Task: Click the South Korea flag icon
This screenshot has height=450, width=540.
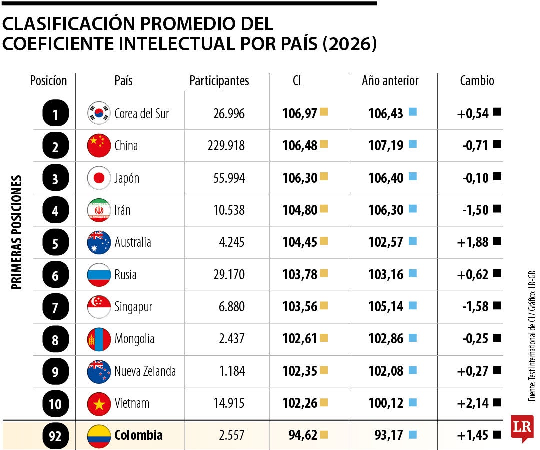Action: [98, 113]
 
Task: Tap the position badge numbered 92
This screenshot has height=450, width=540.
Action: [55, 436]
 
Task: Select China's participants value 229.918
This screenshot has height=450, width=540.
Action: [226, 146]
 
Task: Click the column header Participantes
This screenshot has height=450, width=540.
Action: [219, 81]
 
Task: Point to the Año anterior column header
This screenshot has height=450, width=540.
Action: [390, 81]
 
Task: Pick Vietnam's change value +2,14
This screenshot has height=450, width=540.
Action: [472, 403]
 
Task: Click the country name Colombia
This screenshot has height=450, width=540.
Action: [138, 435]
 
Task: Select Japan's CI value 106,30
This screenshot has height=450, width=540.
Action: [300, 178]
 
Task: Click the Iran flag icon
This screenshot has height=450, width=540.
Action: [98, 210]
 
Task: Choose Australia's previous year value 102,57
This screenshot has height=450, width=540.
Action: [386, 242]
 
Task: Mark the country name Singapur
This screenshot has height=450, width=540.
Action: [133, 307]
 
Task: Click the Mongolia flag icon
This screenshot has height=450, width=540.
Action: [98, 339]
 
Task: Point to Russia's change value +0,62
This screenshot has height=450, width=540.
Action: [472, 274]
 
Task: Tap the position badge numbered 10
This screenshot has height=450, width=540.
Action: [55, 403]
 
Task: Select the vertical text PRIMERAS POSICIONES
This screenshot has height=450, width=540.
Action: [17, 232]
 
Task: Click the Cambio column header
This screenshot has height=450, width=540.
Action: [476, 81]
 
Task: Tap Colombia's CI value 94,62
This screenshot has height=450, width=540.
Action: [303, 435]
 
